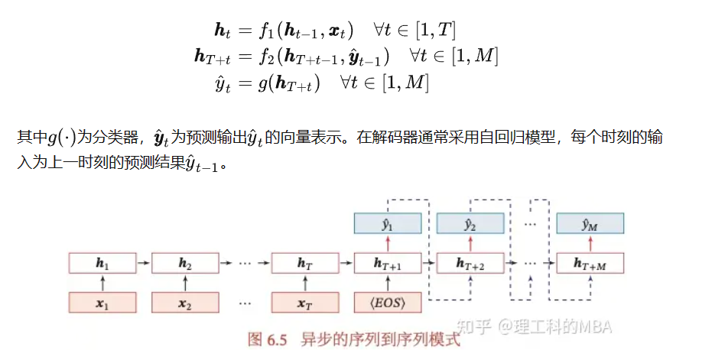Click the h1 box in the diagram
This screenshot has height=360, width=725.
(x=102, y=263)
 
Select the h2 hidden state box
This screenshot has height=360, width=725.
(x=184, y=263)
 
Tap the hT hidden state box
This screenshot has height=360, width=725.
(x=305, y=263)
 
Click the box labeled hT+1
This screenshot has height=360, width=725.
(x=388, y=263)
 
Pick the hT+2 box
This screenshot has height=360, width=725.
(x=470, y=263)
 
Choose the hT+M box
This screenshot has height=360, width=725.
(x=590, y=263)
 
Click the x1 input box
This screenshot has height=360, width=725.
(x=102, y=302)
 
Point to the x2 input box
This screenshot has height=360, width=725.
(x=184, y=302)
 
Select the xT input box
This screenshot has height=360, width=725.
(x=305, y=302)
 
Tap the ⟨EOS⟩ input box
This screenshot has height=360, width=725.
(x=388, y=302)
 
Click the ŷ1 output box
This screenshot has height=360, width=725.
(x=388, y=224)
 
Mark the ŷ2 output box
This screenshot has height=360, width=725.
(x=470, y=224)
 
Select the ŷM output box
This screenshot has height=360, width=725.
(x=590, y=224)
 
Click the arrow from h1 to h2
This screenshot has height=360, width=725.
(x=143, y=263)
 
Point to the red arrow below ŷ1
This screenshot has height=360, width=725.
(x=388, y=243)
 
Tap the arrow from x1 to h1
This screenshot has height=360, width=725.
(x=102, y=283)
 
